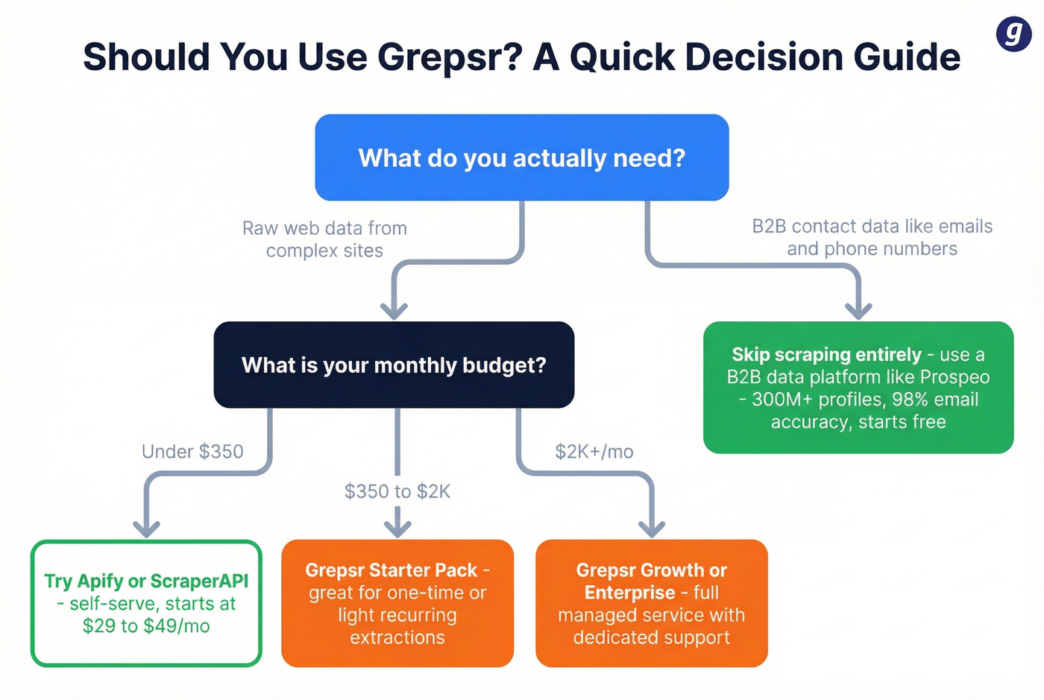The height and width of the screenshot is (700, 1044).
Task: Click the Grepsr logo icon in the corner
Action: point(1013,34)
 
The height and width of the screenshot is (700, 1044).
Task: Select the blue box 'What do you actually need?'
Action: point(521,157)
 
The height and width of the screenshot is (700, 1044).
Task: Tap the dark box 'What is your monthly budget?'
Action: point(394,365)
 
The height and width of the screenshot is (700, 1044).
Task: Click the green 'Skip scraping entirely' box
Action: point(858,388)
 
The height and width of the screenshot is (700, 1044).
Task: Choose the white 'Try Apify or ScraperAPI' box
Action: point(146,603)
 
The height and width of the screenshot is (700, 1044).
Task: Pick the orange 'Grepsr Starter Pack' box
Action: point(397,603)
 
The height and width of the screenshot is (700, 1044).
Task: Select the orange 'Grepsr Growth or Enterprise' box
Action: point(651,603)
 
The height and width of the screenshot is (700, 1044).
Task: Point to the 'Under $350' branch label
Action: point(192,452)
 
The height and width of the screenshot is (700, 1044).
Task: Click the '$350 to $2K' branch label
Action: point(397,491)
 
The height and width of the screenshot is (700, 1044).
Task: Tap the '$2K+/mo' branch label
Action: point(594,452)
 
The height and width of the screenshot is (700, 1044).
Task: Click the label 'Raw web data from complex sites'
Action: point(324,239)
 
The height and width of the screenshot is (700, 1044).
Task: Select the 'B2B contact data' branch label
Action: point(872,237)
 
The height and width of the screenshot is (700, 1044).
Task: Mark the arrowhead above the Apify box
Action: point(146,528)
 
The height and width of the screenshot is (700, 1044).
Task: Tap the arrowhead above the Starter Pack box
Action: point(397,528)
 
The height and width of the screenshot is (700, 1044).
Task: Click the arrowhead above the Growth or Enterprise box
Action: point(652,528)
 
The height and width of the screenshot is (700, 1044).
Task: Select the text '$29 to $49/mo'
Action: point(146,626)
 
